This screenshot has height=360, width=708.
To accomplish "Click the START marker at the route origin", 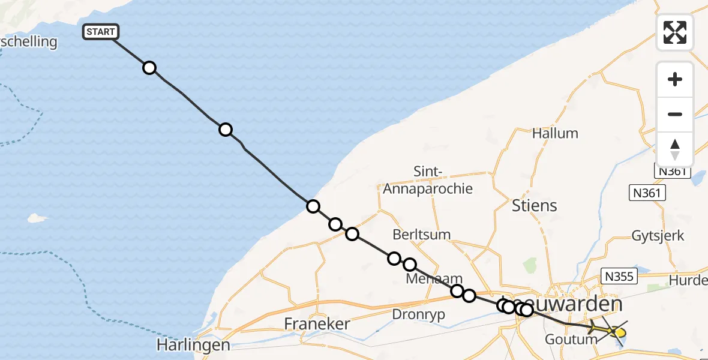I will coord(100,32).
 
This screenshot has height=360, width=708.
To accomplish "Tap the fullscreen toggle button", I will coord(675,32).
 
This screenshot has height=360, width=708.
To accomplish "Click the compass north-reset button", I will coord(675,149).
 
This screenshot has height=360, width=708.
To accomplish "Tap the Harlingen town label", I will coord(193,345).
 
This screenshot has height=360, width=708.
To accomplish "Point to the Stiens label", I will coord(534,206).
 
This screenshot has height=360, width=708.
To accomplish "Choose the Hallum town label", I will coord(555,133).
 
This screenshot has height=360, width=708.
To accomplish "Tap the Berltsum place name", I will coord(421,234).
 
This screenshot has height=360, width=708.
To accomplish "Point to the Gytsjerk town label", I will coord(658,236).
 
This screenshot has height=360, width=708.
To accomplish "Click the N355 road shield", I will coord(617,277).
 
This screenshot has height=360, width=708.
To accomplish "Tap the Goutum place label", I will coord(571,339).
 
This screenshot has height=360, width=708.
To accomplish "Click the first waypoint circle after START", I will coord(149,68).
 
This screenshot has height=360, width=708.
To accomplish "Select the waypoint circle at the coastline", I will coord(313,206).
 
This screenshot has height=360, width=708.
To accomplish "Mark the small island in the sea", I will coord(38,218).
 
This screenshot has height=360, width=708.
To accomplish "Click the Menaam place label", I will coord(434,278).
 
